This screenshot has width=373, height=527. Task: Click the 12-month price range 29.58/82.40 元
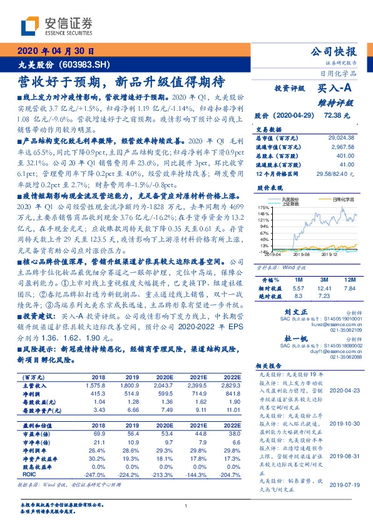(335, 173)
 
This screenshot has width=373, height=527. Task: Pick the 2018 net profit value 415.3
(98, 393)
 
